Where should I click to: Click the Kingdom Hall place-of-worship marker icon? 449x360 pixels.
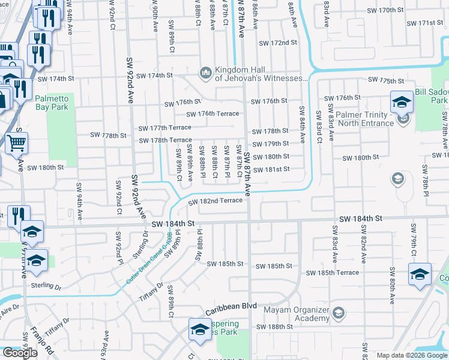click(x=205, y=73)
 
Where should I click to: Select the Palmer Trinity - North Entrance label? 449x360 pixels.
click(x=366, y=119)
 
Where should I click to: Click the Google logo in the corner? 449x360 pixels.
click(x=20, y=352)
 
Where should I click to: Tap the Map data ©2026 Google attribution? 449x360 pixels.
click(x=412, y=355)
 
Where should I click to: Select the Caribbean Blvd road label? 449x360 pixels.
click(x=231, y=309)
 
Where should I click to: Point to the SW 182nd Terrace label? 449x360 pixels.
click(x=215, y=202)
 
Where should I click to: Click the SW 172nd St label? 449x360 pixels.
click(x=278, y=43)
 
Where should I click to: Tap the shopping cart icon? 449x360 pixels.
click(x=17, y=142)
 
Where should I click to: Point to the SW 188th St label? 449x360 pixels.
click(x=274, y=327)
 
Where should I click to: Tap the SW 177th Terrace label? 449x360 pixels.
click(x=164, y=128)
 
